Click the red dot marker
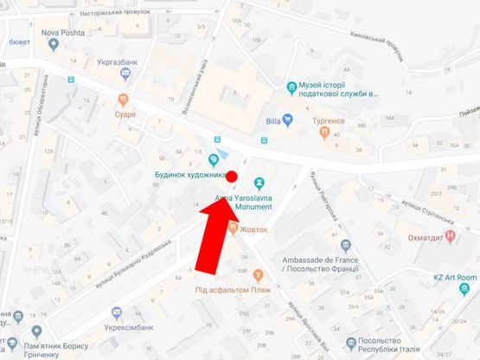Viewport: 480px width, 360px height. point(232,177)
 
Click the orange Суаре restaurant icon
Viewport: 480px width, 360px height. point(125,100)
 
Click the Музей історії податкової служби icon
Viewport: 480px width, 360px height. point(291,87)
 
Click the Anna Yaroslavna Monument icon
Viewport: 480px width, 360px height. point(259,183)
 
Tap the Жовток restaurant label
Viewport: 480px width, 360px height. point(253,229)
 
